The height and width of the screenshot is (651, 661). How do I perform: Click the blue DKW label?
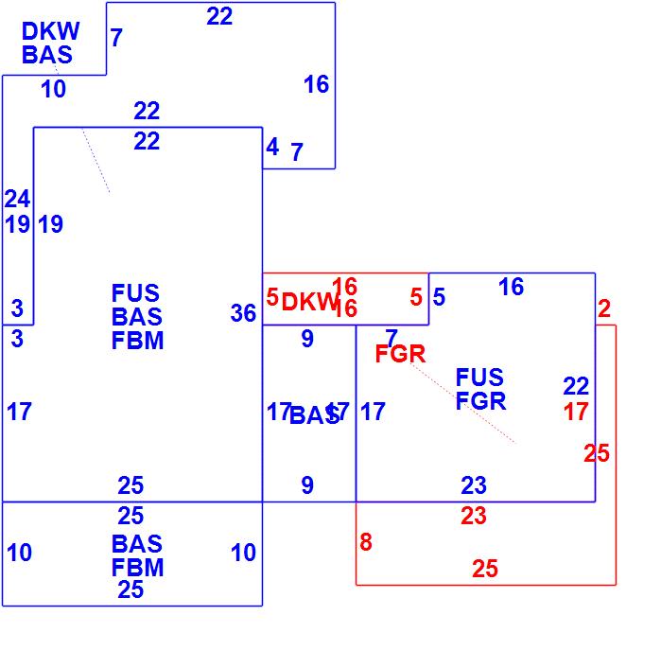51,32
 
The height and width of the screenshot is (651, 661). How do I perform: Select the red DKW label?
309,303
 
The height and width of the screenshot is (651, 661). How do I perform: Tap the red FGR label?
400,355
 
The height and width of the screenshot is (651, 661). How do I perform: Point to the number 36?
243,313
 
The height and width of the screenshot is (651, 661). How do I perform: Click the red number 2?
604,308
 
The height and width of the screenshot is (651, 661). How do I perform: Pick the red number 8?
366,543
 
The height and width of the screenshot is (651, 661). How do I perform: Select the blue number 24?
17,199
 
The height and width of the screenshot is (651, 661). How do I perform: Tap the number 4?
272,148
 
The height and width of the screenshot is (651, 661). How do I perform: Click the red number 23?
473,517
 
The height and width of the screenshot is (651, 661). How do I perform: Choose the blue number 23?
474,486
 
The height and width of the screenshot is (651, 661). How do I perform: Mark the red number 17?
576,412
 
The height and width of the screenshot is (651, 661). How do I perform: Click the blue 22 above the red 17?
576,386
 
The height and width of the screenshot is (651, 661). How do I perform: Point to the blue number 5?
439,297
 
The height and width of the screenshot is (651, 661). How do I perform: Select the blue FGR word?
480,401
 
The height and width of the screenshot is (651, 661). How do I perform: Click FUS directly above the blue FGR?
479,378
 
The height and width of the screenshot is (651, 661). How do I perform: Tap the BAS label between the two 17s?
313,415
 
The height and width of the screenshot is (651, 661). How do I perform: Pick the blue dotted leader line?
96,162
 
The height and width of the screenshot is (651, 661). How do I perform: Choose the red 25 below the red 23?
484,569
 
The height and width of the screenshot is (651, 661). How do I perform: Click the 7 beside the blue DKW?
116,39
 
